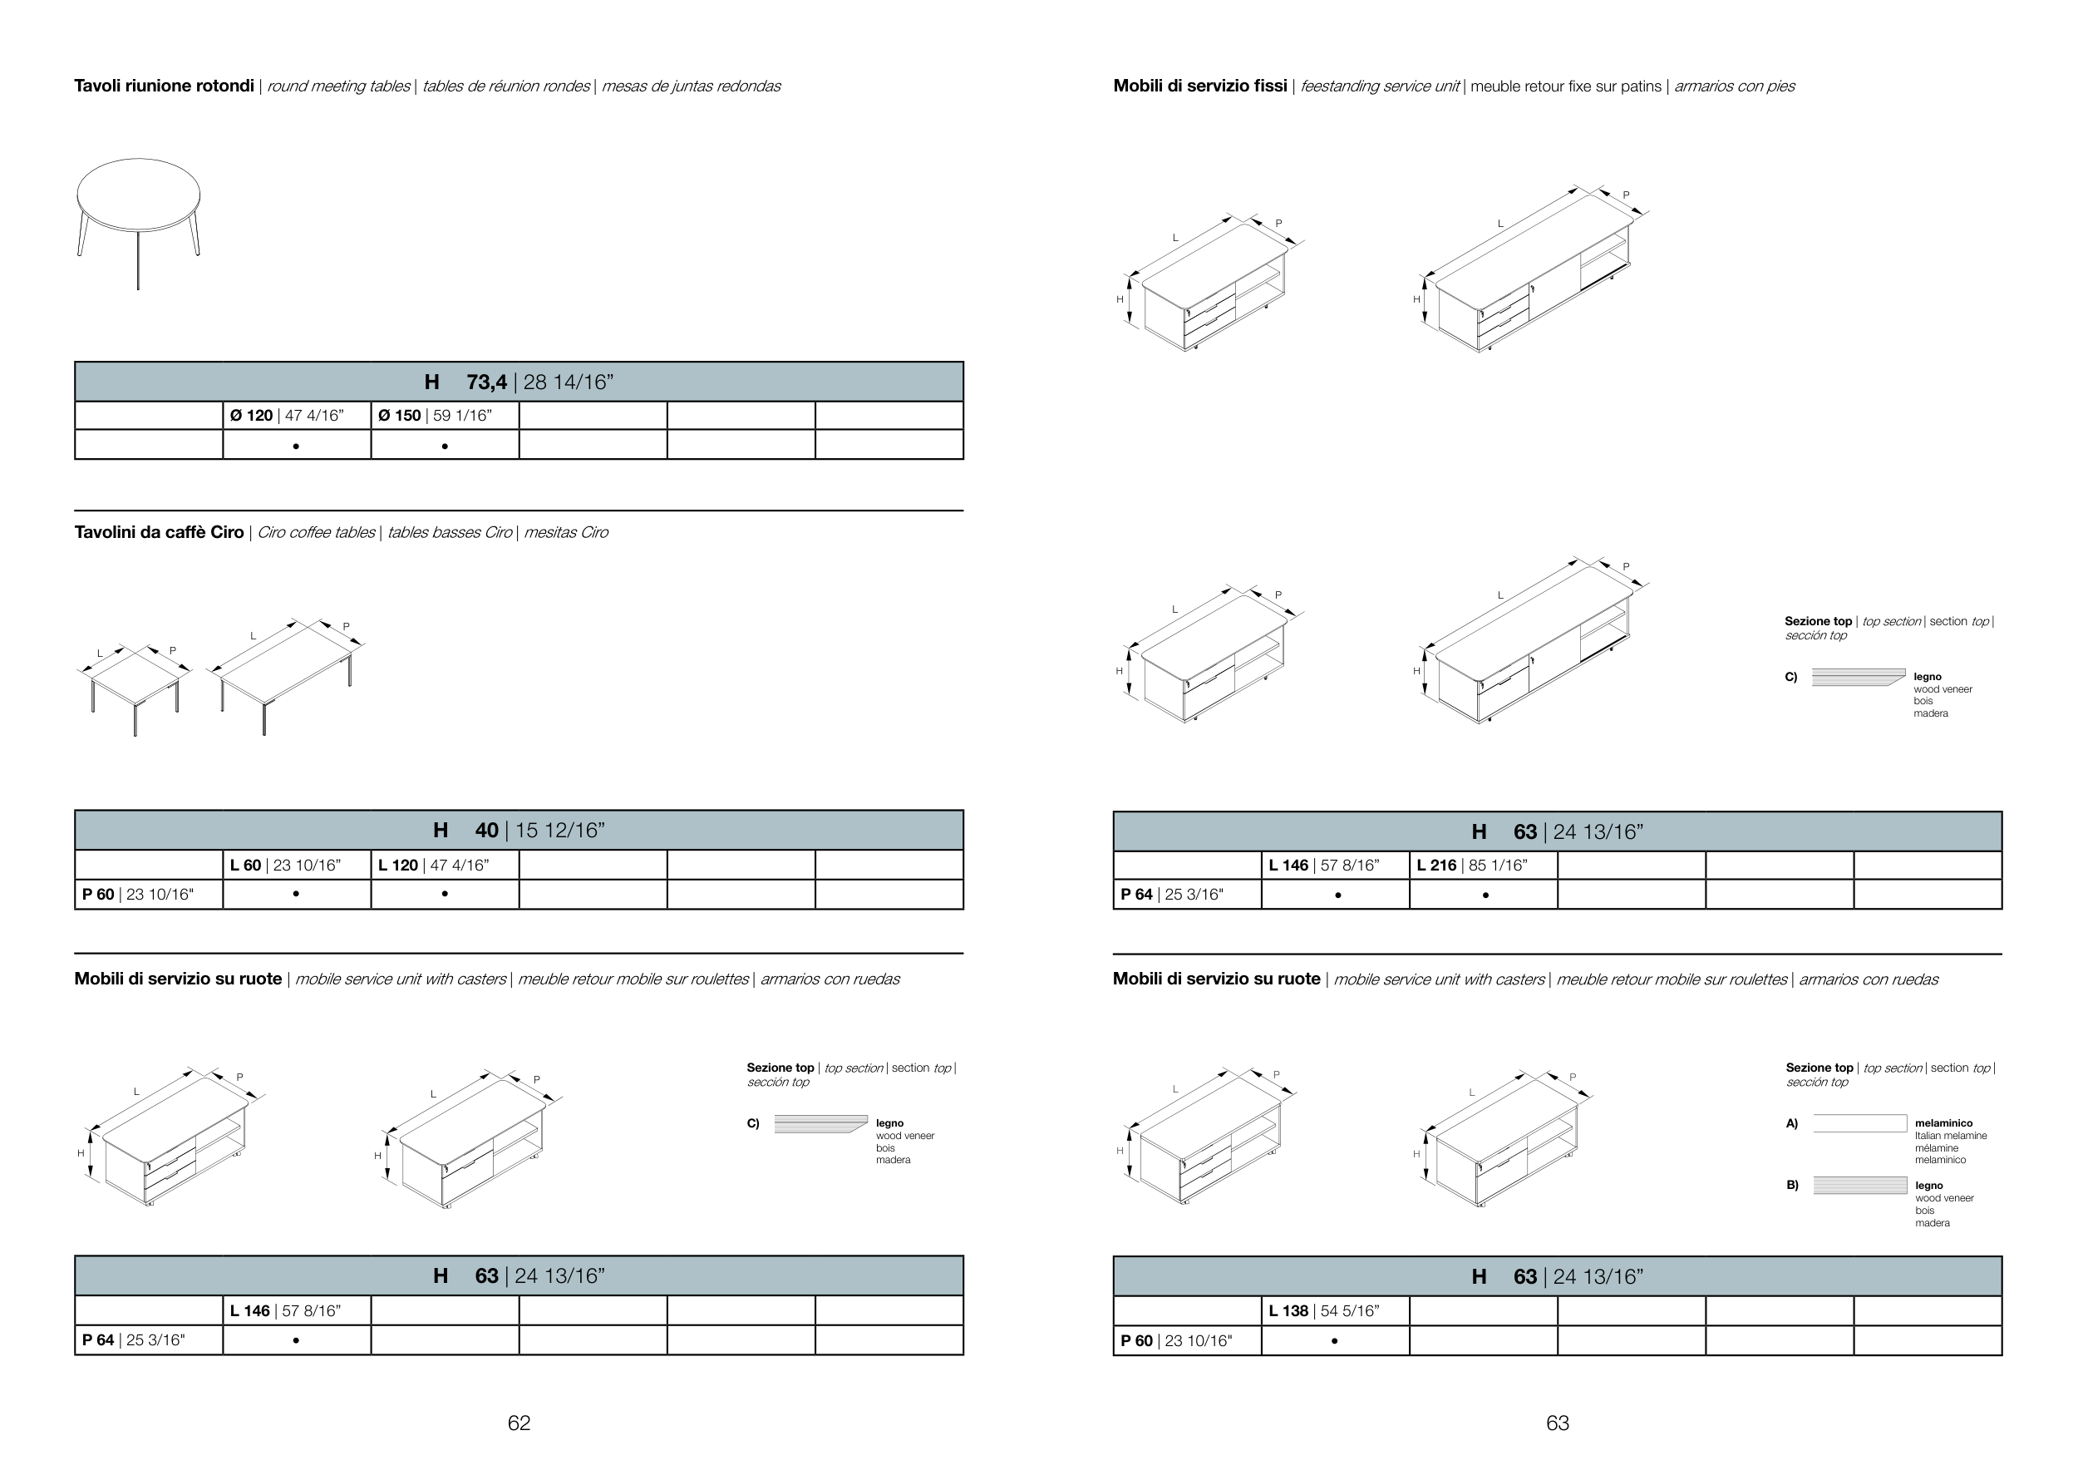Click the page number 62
pyautogui.click(x=519, y=1423)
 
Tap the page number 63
pyautogui.click(x=1557, y=1423)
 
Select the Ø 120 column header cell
pyautogui.click(x=296, y=416)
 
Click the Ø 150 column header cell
pyautogui.click(x=445, y=416)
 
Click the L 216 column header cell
pyautogui.click(x=1483, y=866)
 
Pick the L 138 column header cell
pyautogui.click(x=1334, y=1310)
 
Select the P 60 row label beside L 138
pyautogui.click(x=1186, y=1340)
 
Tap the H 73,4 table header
pyautogui.click(x=519, y=382)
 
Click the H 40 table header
pyautogui.click(x=519, y=830)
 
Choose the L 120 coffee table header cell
pyautogui.click(x=445, y=866)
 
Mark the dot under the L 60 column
pyautogui.click(x=296, y=895)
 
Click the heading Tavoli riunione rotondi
pyautogui.click(x=164, y=86)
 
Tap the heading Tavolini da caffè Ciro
pyautogui.click(x=160, y=532)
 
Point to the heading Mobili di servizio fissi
pyautogui.click(x=1199, y=86)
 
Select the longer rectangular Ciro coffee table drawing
pyautogui.click(x=286, y=674)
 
